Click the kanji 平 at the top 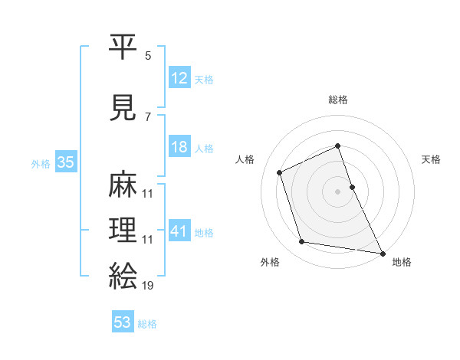pos(123,47)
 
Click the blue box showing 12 pos(179,77)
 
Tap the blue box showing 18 pos(179,147)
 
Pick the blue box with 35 pos(65,162)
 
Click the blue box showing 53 pos(123,322)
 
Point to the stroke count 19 pos(147,286)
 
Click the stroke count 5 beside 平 pos(148,57)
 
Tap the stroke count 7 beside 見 pos(148,116)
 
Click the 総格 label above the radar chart pos(338,100)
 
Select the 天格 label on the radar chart pos(431,159)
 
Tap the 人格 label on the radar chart pos(245,159)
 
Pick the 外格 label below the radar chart pos(270,262)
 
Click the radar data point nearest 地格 pos(382,252)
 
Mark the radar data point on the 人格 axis pos(280,172)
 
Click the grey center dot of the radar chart pos(338,191)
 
